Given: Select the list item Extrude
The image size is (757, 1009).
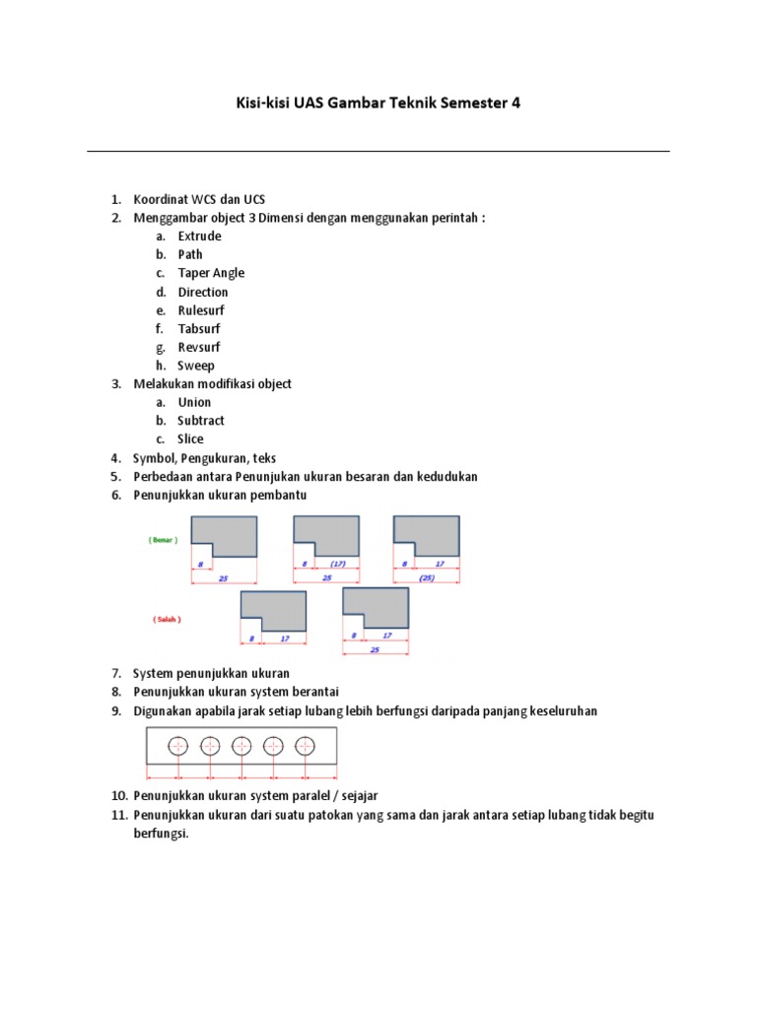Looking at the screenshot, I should click(199, 236).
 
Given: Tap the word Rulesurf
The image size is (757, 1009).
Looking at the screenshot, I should click(201, 310).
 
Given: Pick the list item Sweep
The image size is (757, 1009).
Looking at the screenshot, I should click(196, 366).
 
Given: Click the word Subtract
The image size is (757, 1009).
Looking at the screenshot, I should click(201, 421).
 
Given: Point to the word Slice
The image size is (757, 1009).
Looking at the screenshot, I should click(191, 439).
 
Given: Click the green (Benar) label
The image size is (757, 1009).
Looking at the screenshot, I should click(163, 540).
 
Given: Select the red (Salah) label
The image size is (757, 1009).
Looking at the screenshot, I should click(167, 620).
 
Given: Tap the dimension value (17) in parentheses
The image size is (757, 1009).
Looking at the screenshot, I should click(337, 564).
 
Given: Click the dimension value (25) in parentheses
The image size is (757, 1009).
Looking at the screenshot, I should click(426, 577).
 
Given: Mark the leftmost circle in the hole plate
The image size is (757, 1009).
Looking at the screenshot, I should click(177, 746).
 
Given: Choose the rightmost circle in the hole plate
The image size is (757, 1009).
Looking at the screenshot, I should click(306, 746).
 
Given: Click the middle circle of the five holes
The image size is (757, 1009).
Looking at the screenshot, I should click(241, 746).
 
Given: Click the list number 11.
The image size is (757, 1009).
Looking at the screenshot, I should click(117, 815).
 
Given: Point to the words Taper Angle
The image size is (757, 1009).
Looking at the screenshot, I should click(211, 273).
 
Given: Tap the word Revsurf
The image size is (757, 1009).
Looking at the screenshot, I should click(199, 347).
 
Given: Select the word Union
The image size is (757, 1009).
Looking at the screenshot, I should click(194, 402).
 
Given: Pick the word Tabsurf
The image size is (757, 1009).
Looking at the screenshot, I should click(199, 329).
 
